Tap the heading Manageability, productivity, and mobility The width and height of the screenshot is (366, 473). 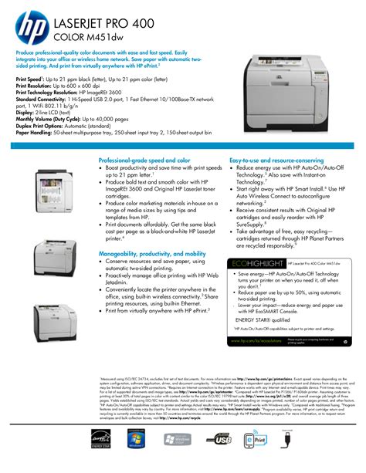coord(152,253)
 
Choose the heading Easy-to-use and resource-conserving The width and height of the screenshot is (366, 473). coord(276,160)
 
